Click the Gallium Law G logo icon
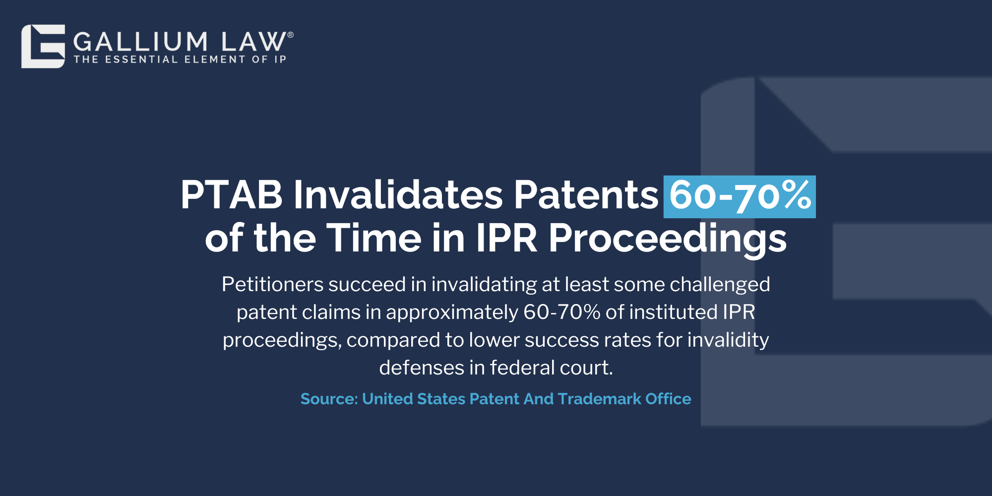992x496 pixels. pos(43,46)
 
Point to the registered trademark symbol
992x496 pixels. pos(291,35)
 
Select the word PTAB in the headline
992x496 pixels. pos(231,194)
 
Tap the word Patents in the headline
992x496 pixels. pos(586,194)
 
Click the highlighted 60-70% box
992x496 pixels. pos(740,197)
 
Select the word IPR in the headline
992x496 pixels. pos(507,238)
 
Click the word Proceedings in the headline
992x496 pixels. pos(668,240)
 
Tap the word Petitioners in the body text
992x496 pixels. pos(272,284)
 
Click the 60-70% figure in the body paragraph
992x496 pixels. pos(562,312)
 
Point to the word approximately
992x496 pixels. pos(452,313)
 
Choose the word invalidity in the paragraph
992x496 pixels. pos(728,340)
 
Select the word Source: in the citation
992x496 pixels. pos(329,399)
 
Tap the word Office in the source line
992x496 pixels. pos(668,399)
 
